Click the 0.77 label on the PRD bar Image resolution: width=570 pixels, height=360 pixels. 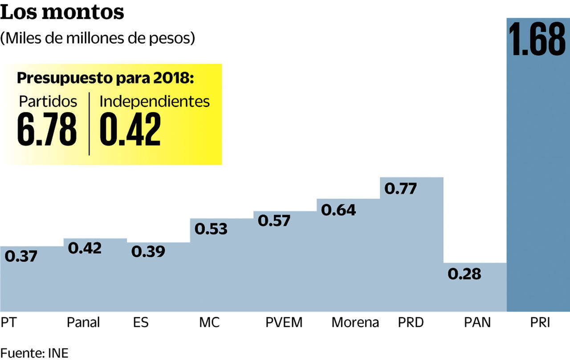coord(401,189)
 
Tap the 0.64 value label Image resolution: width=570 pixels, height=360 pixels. coord(338,210)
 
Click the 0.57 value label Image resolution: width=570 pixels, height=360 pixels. coord(274,221)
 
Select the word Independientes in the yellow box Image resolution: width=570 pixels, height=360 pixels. coord(155,101)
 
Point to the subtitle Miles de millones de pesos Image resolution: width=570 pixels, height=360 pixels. coord(98,38)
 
